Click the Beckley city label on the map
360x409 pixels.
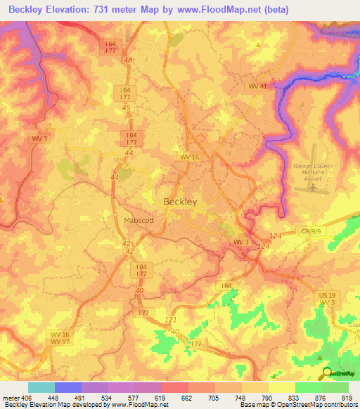click(x=180, y=201)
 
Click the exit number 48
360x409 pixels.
click(x=127, y=60)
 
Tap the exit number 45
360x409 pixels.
click(x=127, y=108)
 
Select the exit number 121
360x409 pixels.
click(x=169, y=318)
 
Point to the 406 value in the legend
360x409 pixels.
click(x=27, y=398)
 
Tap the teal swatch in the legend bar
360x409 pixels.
click(x=41, y=387)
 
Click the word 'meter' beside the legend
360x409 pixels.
click(x=10, y=398)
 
